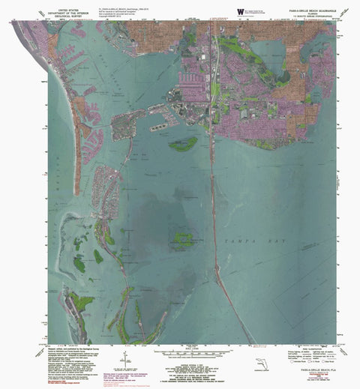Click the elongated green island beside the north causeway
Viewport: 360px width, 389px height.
183,143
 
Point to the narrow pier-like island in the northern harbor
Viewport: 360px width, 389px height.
160,128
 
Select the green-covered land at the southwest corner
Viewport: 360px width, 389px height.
81,304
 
